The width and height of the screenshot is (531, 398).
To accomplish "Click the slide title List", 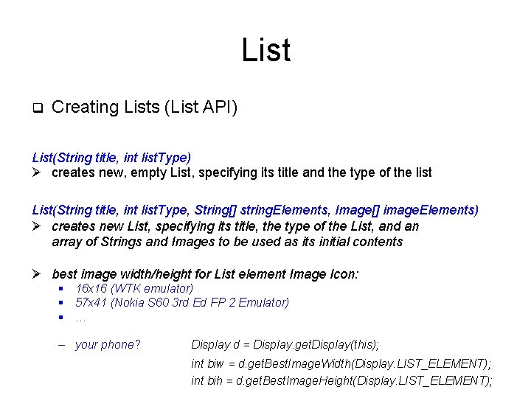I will pos(265,50).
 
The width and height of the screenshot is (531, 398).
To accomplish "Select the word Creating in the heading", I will pos(86,108).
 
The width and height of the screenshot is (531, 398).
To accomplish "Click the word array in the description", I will pos(69,242).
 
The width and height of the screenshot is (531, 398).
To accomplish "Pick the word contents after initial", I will pos(378,242).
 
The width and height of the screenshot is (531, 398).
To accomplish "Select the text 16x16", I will pos(91,288).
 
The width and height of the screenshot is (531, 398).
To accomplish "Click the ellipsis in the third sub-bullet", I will pos(80,319).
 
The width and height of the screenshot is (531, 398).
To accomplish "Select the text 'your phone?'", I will pos(108,344).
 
